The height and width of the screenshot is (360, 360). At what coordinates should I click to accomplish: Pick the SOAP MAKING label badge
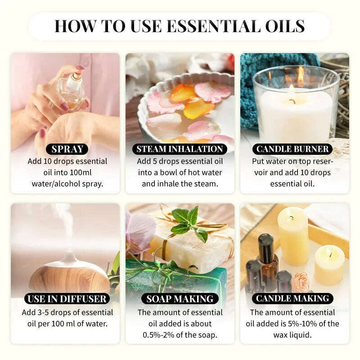point(180,298)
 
